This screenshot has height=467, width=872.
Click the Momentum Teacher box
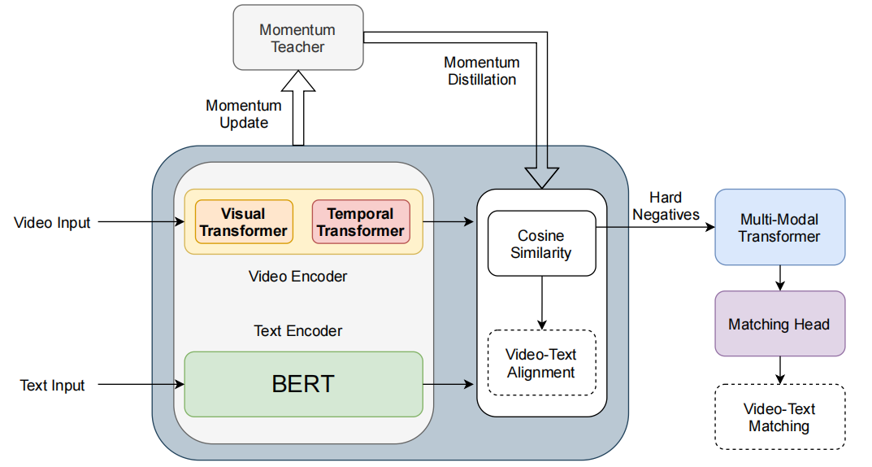click(297, 37)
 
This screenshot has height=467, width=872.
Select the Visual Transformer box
click(244, 222)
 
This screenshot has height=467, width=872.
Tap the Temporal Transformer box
click(361, 222)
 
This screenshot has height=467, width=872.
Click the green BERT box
click(303, 384)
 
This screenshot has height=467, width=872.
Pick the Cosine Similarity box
click(541, 243)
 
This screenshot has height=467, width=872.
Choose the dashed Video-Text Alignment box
click(541, 363)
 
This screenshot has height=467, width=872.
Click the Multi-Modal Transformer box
click(779, 227)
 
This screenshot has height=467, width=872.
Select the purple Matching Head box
click(779, 324)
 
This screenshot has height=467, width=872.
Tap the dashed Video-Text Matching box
click(779, 417)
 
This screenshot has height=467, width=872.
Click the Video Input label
click(53, 222)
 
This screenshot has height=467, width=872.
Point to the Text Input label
click(53, 385)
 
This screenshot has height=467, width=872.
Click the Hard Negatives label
click(666, 206)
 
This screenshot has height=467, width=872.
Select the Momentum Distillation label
click(481, 71)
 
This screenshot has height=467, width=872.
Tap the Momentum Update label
click(244, 114)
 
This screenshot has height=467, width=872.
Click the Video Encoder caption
click(297, 277)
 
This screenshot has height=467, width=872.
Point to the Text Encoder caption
click(297, 331)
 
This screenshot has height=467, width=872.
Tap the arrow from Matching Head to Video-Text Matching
click(779, 370)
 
